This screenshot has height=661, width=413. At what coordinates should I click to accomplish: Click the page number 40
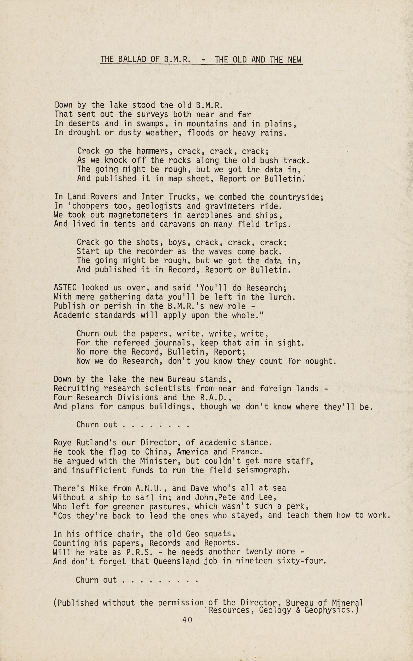click(187, 619)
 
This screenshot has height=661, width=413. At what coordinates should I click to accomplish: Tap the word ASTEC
click(65, 288)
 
